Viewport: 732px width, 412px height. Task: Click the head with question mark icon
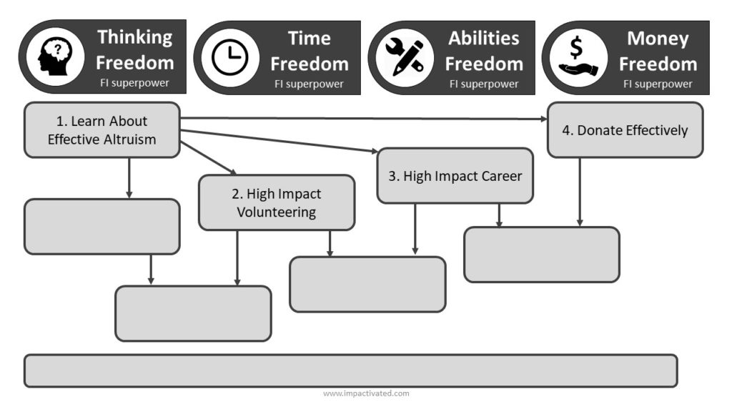click(55, 57)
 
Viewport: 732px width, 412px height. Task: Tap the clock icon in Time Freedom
click(229, 57)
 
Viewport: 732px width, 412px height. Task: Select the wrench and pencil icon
click(405, 58)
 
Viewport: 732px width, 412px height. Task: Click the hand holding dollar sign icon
click(578, 57)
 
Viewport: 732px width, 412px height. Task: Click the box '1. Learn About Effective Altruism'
click(102, 130)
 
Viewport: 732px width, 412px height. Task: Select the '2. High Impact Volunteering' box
click(277, 202)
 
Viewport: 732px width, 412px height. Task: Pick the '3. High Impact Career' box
click(455, 176)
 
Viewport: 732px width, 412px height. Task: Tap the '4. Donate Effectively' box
click(625, 130)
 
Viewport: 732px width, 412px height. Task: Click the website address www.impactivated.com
click(366, 393)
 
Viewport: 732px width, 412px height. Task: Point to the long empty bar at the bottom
click(350, 371)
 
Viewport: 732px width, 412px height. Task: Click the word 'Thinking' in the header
click(135, 37)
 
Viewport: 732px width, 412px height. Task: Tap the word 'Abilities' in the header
click(484, 39)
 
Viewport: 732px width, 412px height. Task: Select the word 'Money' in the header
click(658, 39)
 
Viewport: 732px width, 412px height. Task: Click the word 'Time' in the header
click(309, 39)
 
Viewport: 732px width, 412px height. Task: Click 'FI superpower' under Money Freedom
click(658, 84)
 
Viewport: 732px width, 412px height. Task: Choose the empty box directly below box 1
click(102, 227)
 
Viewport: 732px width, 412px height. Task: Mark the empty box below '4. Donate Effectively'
click(542, 255)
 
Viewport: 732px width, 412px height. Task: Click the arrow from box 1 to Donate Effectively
click(364, 119)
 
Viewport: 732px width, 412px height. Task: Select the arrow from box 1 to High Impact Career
click(279, 141)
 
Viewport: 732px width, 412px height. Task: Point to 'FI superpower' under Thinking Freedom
click(134, 83)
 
